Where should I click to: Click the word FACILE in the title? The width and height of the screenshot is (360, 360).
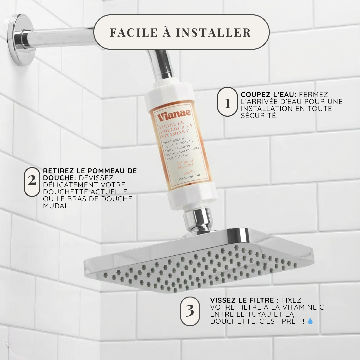pyautogui.click(x=134, y=32)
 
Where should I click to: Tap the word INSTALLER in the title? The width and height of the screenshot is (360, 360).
pyautogui.click(x=213, y=32)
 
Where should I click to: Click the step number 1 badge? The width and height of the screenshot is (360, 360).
pyautogui.click(x=227, y=102)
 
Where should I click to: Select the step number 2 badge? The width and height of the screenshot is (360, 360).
pyautogui.click(x=32, y=182)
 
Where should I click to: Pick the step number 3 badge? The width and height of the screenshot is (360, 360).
pyautogui.click(x=190, y=311)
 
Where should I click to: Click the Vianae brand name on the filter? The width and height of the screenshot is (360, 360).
pyautogui.click(x=174, y=115)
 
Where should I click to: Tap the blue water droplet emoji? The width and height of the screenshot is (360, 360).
pyautogui.click(x=310, y=321)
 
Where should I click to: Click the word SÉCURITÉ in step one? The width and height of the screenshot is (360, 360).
pyautogui.click(x=259, y=115)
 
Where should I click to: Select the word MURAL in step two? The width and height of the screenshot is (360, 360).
pyautogui.click(x=56, y=206)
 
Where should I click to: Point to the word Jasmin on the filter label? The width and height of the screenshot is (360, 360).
pyautogui.click(x=188, y=172)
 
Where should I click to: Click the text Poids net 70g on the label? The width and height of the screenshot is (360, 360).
pyautogui.click(x=189, y=177)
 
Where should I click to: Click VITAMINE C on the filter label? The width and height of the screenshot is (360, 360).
pyautogui.click(x=175, y=134)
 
